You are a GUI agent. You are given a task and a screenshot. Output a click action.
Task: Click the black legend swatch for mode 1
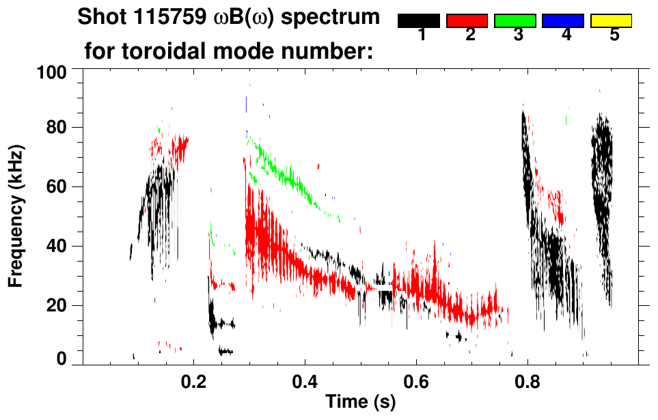[x=418, y=21]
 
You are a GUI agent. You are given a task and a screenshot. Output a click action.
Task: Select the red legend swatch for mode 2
[x=467, y=21]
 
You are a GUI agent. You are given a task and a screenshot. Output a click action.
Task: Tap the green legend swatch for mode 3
[x=515, y=21]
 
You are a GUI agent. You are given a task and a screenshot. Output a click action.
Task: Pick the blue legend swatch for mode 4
[x=563, y=21]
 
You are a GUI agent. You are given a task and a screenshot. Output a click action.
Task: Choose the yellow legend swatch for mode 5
[x=611, y=21]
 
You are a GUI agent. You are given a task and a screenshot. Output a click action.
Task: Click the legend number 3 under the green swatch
[x=518, y=36]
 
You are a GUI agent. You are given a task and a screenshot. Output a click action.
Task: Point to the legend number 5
[x=614, y=36]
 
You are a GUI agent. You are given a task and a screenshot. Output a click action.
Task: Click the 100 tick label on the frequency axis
[x=51, y=71]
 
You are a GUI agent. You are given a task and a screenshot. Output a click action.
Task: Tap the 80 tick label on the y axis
[x=55, y=128]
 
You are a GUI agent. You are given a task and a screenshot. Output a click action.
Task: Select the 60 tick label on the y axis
[x=55, y=186]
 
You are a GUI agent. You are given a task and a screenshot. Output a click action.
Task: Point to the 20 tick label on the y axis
[x=55, y=305]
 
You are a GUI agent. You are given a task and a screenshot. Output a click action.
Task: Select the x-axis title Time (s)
[x=360, y=402]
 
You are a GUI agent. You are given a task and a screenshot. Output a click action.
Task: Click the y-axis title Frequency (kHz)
[x=16, y=215]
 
